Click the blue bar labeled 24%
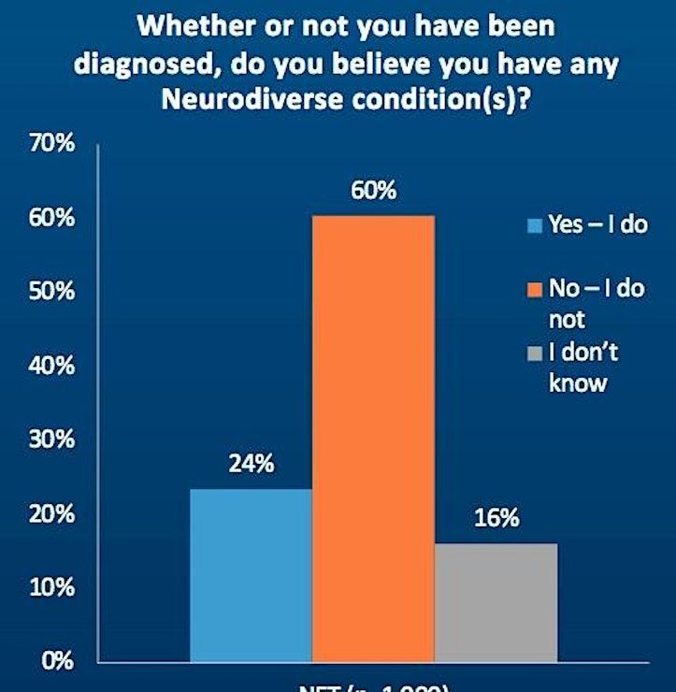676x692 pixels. coord(251,575)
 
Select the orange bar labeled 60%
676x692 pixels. coord(373,439)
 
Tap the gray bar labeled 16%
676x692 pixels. coord(496,602)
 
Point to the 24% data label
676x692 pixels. coord(251,465)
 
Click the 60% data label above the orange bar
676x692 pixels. coord(374,191)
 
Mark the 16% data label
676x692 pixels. coord(496,518)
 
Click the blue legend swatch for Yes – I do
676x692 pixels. coord(534,225)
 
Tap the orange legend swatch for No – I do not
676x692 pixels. coord(534,291)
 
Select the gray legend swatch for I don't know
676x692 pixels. coord(534,354)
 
